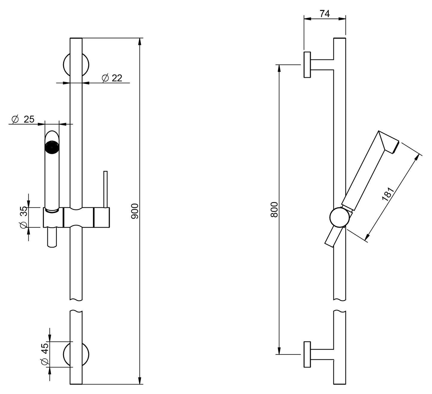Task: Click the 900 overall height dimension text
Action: click(135, 211)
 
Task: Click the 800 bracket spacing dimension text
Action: click(274, 210)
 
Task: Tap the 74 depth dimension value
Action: click(324, 13)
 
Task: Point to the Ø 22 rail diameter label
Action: click(112, 78)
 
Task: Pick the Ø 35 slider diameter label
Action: click(24, 217)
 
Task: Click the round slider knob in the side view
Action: click(339, 218)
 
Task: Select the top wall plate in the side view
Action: click(307, 65)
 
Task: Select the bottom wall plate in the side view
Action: click(307, 354)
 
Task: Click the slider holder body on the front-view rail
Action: click(76, 217)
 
